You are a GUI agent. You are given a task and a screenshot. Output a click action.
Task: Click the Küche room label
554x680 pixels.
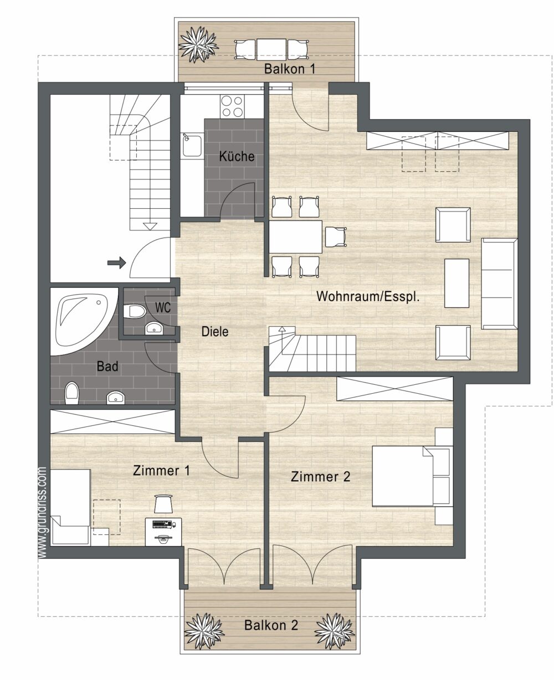pyautogui.click(x=237, y=156)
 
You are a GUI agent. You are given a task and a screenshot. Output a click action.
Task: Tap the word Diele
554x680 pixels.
pyautogui.click(x=215, y=332)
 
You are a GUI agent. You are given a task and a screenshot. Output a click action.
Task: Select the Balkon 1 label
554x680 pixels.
pyautogui.click(x=290, y=69)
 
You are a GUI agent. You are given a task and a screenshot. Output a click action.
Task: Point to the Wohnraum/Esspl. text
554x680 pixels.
pyautogui.click(x=368, y=296)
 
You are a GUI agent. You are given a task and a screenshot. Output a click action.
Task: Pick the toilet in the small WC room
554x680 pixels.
pyautogui.click(x=134, y=311)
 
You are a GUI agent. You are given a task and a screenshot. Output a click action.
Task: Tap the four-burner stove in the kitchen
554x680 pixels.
pyautogui.click(x=232, y=106)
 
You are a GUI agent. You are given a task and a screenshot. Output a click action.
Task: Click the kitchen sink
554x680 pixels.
pyautogui.click(x=192, y=145)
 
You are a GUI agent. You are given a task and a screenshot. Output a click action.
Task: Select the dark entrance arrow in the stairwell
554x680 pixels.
pyautogui.click(x=116, y=262)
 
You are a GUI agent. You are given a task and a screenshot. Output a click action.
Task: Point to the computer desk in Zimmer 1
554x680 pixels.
pyautogui.click(x=163, y=532)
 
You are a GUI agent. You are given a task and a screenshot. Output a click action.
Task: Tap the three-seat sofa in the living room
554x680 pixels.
pyautogui.click(x=499, y=284)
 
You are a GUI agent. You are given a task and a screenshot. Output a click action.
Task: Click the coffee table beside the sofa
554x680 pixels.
pyautogui.click(x=456, y=283)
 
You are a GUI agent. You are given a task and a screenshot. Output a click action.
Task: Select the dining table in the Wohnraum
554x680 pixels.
pyautogui.click(x=295, y=236)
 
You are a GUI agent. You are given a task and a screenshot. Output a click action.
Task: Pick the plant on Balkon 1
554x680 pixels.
pyautogui.click(x=199, y=44)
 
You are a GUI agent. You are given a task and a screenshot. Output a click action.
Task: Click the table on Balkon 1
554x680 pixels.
pyautogui.click(x=271, y=50)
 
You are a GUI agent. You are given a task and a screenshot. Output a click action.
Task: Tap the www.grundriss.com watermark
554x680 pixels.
pyautogui.click(x=42, y=512)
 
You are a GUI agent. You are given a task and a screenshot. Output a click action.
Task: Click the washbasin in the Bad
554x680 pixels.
pyautogui.click(x=116, y=398)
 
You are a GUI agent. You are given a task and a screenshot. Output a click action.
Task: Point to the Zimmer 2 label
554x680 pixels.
pyautogui.click(x=320, y=477)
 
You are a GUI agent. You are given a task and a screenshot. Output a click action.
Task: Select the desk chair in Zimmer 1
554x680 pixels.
pyautogui.click(x=163, y=503)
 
